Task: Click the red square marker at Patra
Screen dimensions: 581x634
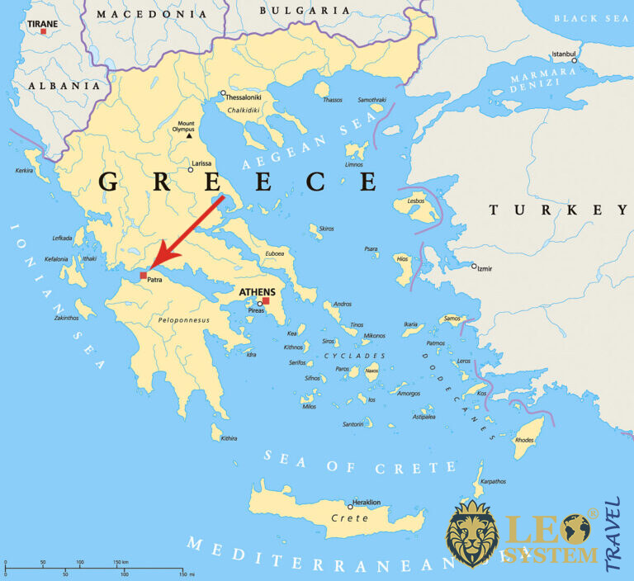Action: click(x=143, y=275)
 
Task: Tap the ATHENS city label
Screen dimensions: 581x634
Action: click(x=257, y=292)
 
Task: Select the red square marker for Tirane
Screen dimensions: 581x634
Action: click(x=43, y=31)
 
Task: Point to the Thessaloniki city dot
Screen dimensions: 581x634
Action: click(x=223, y=93)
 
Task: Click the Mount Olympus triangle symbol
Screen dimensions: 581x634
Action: click(x=189, y=135)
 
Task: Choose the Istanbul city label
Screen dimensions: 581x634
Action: click(x=563, y=54)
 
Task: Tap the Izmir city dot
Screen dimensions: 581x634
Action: click(x=474, y=266)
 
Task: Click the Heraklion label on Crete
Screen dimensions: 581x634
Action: click(x=367, y=502)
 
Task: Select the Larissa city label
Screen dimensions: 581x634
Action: click(x=201, y=164)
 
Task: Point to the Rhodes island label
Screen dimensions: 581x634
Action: click(x=524, y=440)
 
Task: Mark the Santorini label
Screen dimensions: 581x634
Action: click(x=352, y=424)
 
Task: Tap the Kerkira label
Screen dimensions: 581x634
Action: click(x=25, y=171)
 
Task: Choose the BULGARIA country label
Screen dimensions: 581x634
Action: click(x=293, y=10)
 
